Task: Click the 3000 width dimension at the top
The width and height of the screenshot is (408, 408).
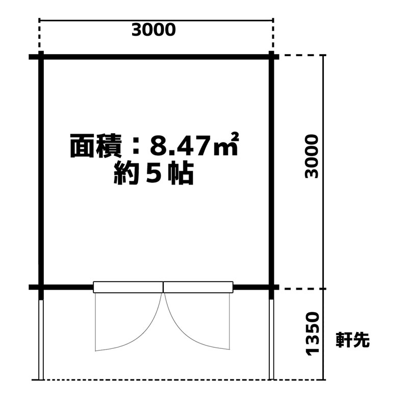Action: (x=154, y=30)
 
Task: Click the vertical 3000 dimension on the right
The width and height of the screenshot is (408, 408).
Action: (x=312, y=156)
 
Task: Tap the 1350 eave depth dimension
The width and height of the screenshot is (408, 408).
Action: (x=312, y=334)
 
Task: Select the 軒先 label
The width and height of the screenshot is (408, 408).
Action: (x=352, y=340)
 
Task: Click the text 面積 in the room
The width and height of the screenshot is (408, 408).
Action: (x=96, y=146)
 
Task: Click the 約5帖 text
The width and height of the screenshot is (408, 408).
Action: (x=154, y=173)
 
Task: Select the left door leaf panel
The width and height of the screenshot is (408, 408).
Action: (x=128, y=287)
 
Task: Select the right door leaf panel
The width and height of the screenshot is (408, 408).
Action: (x=198, y=287)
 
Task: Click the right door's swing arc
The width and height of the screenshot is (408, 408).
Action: (x=182, y=333)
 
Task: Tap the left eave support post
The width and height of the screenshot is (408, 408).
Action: (x=41, y=340)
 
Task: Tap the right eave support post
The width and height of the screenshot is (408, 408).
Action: (x=271, y=339)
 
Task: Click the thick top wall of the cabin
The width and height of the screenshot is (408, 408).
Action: (x=154, y=57)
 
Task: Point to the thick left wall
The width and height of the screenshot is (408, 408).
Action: (x=41, y=172)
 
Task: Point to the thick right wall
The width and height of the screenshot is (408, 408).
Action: (x=271, y=172)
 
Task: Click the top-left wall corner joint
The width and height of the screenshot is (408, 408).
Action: (x=41, y=57)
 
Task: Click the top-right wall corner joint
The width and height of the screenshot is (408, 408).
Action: (x=271, y=57)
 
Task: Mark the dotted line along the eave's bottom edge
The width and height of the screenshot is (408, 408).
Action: (x=178, y=380)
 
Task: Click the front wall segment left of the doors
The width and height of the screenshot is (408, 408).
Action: (x=61, y=287)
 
